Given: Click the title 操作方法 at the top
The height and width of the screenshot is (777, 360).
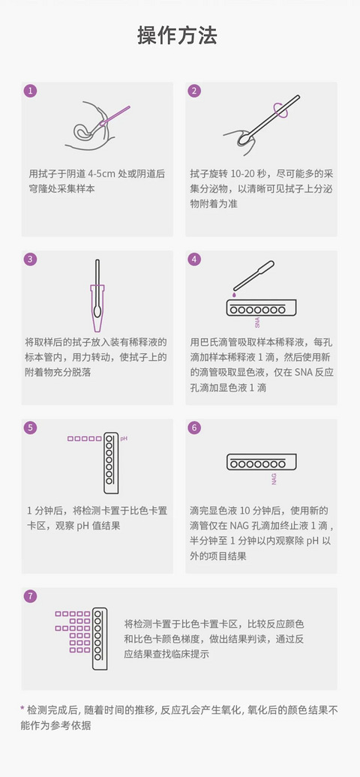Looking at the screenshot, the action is [177, 36].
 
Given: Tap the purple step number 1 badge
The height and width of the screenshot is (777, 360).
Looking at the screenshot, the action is [30, 91].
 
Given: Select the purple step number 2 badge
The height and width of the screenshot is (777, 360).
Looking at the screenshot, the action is [194, 91].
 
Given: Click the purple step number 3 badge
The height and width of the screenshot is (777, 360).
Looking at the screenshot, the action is [30, 259].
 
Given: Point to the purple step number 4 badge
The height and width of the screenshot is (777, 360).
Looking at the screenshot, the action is [194, 259].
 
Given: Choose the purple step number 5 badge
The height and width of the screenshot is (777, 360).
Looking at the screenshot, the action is [30, 427].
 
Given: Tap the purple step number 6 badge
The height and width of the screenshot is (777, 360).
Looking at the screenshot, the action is [194, 427].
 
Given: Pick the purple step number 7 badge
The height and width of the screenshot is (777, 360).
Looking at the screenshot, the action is [30, 596].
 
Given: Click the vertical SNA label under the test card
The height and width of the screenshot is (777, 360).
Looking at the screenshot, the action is [256, 322].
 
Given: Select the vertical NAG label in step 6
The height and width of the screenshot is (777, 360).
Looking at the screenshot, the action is [274, 479].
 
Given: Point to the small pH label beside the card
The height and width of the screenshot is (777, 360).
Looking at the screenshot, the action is [124, 439].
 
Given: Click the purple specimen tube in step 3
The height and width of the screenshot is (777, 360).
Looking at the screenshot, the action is [97, 307].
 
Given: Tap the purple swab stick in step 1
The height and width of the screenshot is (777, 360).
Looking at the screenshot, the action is [114, 115].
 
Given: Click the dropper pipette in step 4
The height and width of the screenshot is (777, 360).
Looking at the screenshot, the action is [253, 275].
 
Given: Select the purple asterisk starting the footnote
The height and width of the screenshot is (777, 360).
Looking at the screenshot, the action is [22, 709].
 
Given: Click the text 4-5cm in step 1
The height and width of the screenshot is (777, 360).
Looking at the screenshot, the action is [102, 173].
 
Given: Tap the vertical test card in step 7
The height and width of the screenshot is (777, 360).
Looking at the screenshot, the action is [100, 638].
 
